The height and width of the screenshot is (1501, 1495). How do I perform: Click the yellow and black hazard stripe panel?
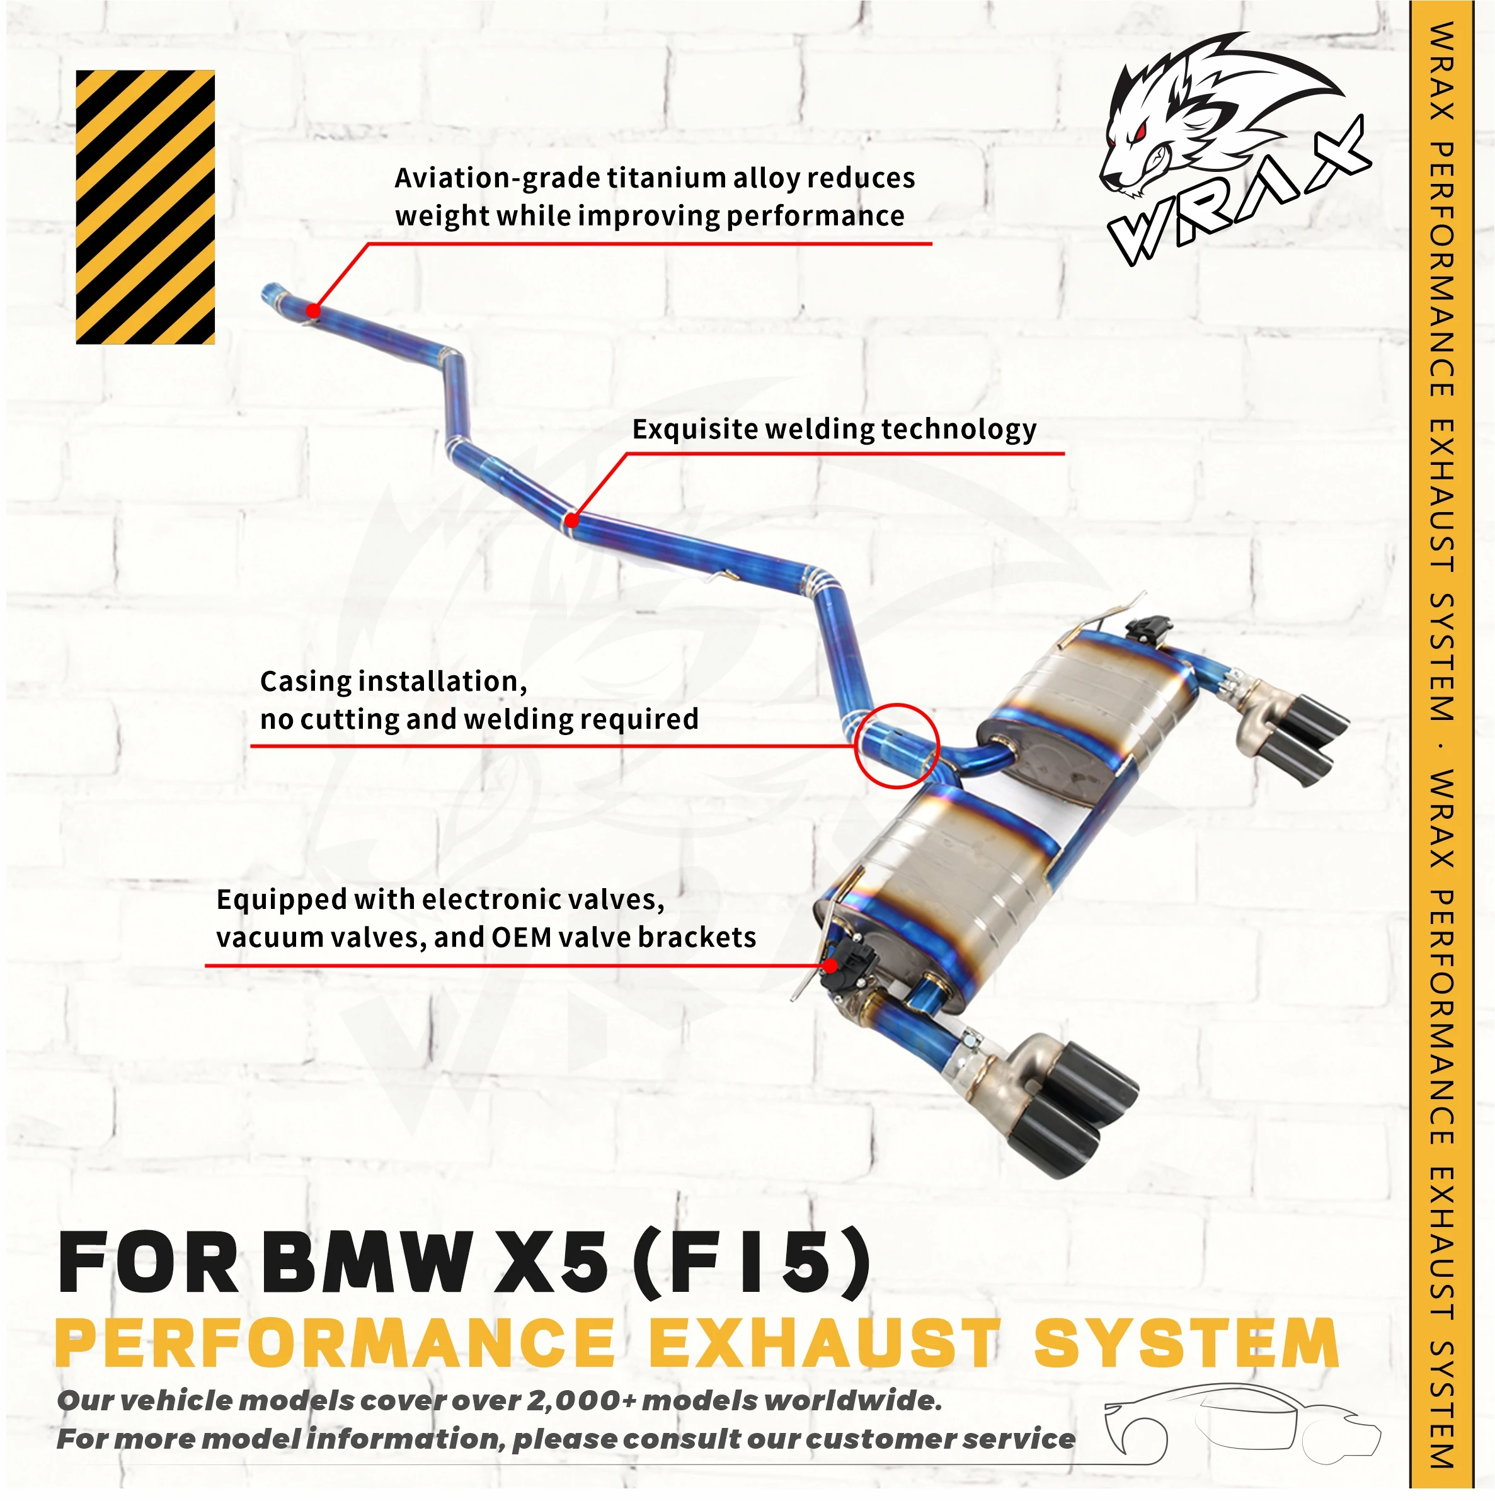(x=146, y=207)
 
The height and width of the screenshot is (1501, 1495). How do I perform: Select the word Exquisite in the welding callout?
(x=695, y=429)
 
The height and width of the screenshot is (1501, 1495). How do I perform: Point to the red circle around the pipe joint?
(x=896, y=746)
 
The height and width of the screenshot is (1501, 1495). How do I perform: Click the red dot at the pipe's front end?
(x=313, y=311)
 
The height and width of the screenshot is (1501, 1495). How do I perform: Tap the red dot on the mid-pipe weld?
(x=572, y=520)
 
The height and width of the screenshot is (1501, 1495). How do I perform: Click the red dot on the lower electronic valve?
(x=830, y=966)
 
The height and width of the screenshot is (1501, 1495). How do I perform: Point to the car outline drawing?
(x=1242, y=1430)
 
